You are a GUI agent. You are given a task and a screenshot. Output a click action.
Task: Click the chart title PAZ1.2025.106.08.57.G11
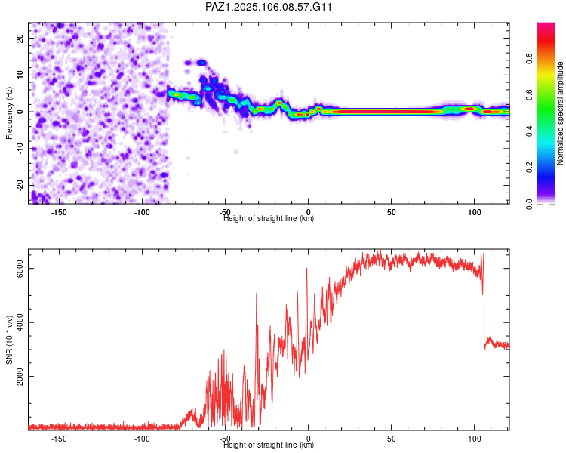268,7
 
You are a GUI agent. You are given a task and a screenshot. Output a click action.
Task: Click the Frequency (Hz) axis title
9,112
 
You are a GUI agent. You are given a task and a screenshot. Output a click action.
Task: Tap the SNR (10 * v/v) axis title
9,340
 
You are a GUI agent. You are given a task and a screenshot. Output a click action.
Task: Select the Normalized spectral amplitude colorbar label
560,113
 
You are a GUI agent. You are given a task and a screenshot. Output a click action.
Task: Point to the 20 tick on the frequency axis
20,38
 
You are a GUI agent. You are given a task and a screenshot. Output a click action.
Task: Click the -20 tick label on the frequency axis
20,185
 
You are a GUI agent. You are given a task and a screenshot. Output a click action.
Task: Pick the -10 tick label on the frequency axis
20,149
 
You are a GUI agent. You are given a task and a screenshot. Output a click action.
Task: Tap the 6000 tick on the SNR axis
20,269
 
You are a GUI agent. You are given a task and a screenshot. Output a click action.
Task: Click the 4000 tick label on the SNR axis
20,322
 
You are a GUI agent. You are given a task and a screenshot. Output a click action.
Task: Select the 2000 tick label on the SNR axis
20,377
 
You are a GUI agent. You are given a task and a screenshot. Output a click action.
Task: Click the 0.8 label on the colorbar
530,58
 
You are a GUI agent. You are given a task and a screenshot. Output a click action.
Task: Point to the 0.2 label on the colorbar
530,168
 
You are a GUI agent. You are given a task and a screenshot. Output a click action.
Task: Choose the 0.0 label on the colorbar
530,204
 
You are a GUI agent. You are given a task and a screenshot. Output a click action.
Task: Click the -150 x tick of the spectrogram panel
59,212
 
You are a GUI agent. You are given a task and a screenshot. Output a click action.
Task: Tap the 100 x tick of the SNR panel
475,439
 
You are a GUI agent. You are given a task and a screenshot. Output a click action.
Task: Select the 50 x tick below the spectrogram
391,212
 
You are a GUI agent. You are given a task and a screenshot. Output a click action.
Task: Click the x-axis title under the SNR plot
269,445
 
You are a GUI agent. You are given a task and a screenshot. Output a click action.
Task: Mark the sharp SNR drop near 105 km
484,300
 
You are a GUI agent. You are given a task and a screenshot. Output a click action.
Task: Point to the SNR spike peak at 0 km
307,269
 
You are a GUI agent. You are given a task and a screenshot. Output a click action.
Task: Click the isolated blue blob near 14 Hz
201,63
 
